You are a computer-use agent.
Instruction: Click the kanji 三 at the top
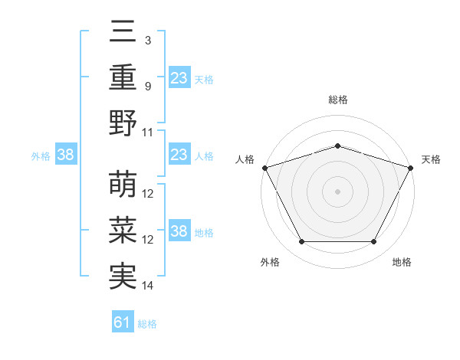coord(123,31)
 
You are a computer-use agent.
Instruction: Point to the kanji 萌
coord(123,185)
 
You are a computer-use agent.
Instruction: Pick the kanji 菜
coord(123,231)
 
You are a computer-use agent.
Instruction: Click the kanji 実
coord(123,277)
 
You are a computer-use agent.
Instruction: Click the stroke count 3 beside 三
coord(148,40)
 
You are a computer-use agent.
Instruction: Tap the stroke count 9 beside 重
coord(148,86)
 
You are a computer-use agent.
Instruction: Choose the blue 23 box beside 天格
coord(179,77)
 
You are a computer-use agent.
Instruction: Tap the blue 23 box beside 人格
coord(179,155)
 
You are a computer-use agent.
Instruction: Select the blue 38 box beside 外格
coord(66,155)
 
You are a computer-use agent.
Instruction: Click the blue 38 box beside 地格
coord(179,231)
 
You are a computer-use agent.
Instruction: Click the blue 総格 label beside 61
coord(147,324)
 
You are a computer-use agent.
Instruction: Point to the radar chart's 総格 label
coord(337,100)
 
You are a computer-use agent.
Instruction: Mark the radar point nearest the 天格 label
coord(411,167)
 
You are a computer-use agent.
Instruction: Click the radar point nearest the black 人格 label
coord(264,167)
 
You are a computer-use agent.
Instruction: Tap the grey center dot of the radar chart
coord(337,191)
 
